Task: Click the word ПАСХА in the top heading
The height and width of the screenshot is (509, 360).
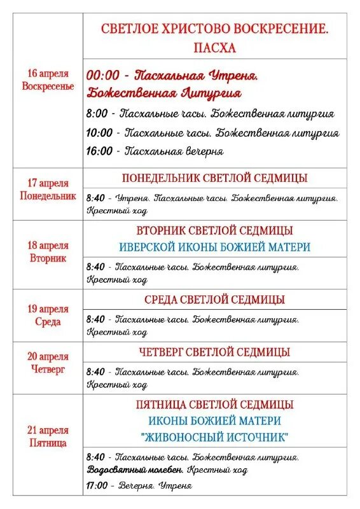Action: tap(214, 48)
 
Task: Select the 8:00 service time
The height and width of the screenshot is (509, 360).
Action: tap(97, 114)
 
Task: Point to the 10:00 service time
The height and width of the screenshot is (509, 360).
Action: tap(99, 133)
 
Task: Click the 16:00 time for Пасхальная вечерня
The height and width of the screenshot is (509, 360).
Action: tap(99, 151)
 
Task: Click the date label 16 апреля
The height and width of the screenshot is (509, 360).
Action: tap(48, 73)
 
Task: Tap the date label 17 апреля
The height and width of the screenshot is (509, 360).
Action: tap(48, 183)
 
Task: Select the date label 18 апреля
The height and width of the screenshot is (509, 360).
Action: tap(48, 246)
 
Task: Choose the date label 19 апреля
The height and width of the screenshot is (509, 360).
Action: tap(48, 309)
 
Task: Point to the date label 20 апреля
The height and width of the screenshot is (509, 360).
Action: tap(48, 356)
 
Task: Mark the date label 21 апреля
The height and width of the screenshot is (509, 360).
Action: tap(48, 430)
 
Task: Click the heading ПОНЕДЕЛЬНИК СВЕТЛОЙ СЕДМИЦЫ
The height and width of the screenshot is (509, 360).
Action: tap(214, 178)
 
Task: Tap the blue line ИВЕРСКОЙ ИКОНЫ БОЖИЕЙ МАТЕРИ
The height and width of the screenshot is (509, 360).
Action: tap(214, 247)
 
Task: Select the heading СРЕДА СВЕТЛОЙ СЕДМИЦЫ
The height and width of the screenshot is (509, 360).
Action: tap(214, 300)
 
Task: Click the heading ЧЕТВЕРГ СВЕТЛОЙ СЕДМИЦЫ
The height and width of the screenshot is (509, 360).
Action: tap(214, 352)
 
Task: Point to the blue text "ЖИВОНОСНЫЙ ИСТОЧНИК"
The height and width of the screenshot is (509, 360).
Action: tap(214, 437)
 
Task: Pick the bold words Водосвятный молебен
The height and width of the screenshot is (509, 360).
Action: tap(134, 470)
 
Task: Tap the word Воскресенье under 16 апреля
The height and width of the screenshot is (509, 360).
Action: tap(48, 86)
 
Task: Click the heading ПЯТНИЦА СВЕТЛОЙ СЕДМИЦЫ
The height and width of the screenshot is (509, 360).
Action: tap(214, 404)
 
